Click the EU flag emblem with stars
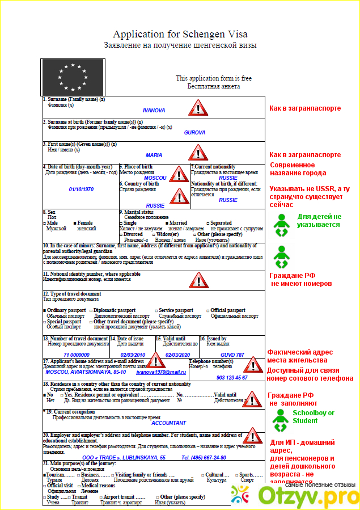click(70, 77)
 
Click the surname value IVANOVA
click(154, 110)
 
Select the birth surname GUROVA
click(194, 132)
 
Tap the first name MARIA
click(154, 155)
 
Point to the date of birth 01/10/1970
click(82, 189)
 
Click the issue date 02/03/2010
click(133, 354)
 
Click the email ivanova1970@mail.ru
click(161, 372)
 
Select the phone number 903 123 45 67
click(232, 377)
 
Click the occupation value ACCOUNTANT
click(168, 423)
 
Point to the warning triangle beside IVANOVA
click(198, 107)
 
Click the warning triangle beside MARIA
click(198, 152)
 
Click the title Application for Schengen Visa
click(180, 35)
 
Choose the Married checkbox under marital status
click(167, 223)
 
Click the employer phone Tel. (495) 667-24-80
click(204, 457)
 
